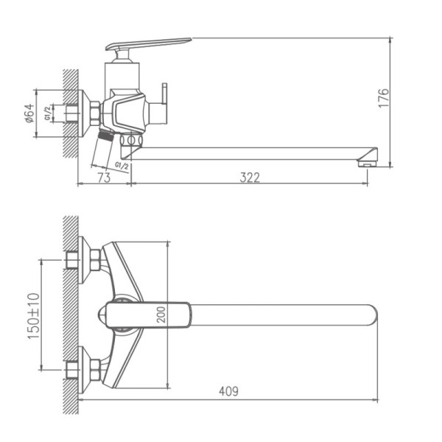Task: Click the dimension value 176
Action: [x=384, y=99]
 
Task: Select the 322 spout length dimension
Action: [x=250, y=177]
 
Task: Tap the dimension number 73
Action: [x=104, y=177]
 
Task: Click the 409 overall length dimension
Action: [x=229, y=392]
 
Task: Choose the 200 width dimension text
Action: [x=161, y=315]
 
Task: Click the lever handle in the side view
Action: [x=147, y=45]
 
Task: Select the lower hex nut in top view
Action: [x=95, y=368]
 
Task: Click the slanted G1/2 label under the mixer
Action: [x=122, y=166]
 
